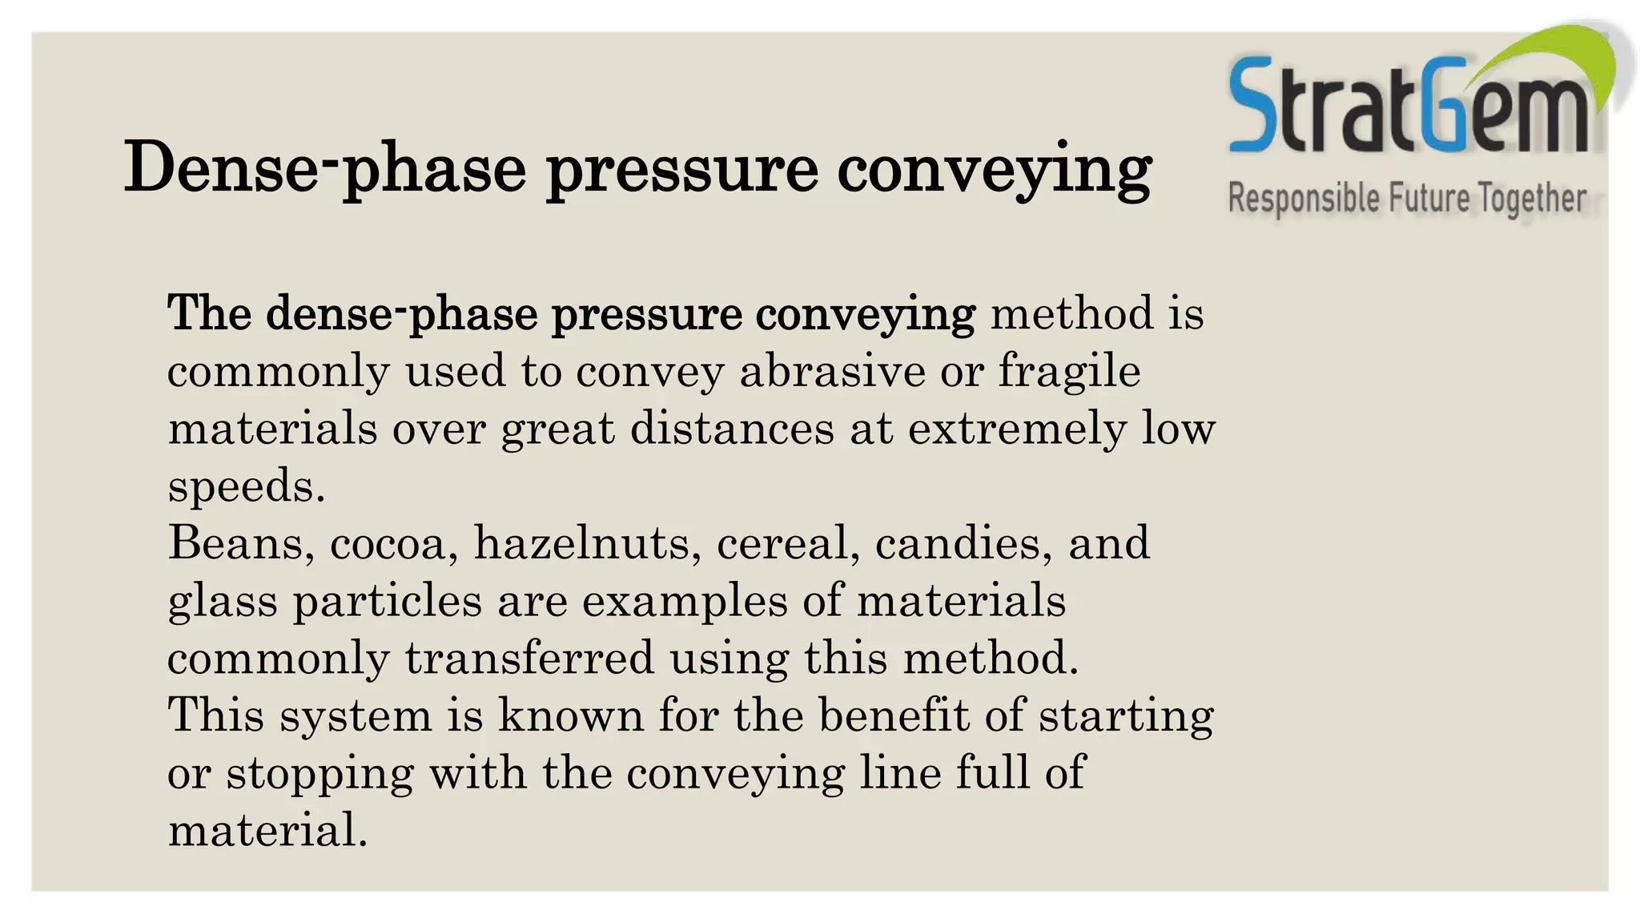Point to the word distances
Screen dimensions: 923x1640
(732, 429)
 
